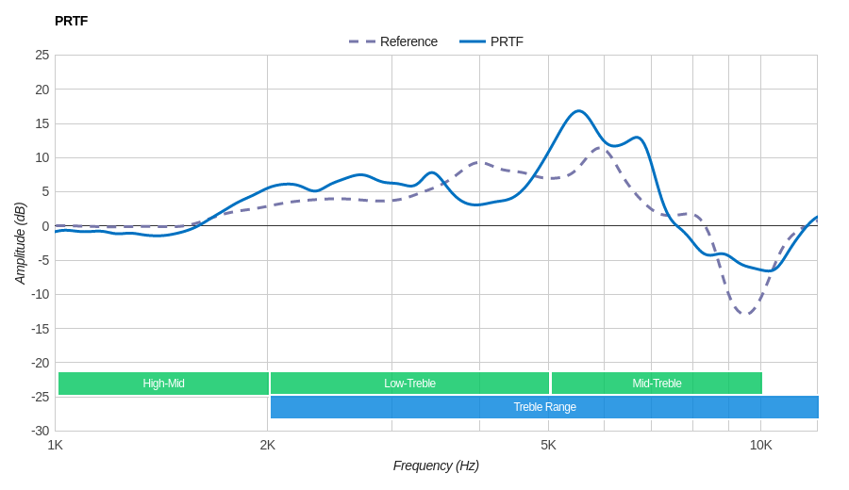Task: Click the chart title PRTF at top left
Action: coord(71,21)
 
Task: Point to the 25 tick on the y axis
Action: coord(42,55)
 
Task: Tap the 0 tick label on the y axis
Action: coord(45,226)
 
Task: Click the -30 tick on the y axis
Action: coord(41,431)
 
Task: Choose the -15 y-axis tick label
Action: coord(41,328)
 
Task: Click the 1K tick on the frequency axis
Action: coord(56,445)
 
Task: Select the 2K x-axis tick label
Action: coord(268,445)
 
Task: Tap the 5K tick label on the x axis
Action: coord(548,445)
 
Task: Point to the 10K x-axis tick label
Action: coord(760,445)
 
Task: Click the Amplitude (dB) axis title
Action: coord(20,243)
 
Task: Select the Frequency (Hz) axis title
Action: coord(436,465)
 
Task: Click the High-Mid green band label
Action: coord(163,384)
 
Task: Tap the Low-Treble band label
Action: coord(409,384)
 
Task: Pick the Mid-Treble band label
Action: coord(657,384)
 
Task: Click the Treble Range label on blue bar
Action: coord(544,407)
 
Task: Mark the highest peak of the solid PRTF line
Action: coord(579,111)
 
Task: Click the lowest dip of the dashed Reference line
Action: coord(746,314)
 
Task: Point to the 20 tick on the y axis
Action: coord(42,90)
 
